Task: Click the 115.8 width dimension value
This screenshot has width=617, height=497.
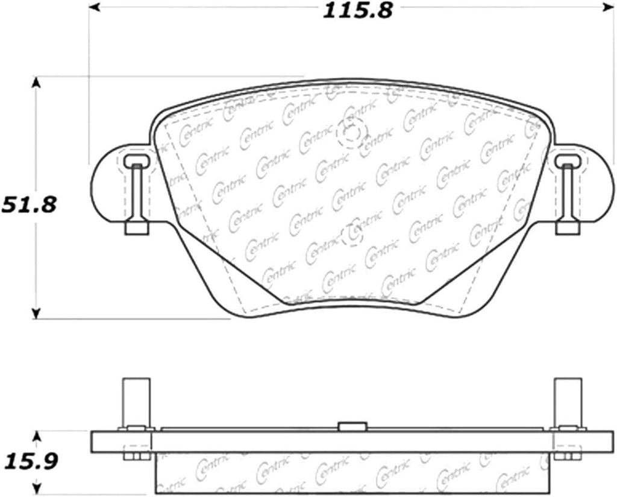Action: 357,11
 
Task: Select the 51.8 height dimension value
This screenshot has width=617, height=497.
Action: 29,205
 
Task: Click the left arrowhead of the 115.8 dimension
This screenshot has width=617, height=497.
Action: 93,7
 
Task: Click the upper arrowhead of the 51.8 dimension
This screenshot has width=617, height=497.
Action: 36,82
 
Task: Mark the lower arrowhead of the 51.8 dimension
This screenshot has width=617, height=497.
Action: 36,314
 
